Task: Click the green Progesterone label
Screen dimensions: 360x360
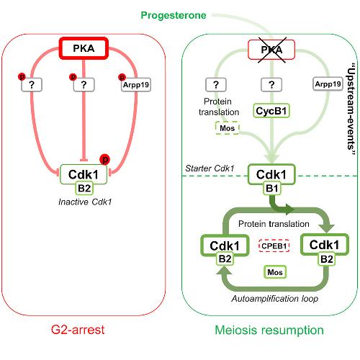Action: tap(174, 15)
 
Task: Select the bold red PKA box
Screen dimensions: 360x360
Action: tap(84, 48)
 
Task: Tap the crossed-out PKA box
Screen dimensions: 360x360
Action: tap(271, 50)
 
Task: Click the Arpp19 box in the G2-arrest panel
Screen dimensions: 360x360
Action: tap(136, 85)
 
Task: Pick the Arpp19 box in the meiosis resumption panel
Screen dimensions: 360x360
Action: tap(328, 84)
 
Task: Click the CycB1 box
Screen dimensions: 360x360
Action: tap(271, 111)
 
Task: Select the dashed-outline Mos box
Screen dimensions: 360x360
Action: tap(228, 128)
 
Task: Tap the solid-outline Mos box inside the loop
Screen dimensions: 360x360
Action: tap(275, 272)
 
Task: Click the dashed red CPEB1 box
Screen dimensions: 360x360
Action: tap(274, 246)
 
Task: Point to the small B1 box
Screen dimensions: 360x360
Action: tap(271, 189)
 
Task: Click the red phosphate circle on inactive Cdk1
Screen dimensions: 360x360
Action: tap(105, 159)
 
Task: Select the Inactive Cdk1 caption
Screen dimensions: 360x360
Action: tap(85, 202)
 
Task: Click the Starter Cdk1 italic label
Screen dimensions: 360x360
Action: tap(210, 168)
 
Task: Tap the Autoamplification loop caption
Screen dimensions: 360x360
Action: tap(275, 299)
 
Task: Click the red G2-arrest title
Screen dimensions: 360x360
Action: tap(78, 330)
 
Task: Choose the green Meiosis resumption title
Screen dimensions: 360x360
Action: tap(269, 330)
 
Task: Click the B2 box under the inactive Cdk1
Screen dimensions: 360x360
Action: tap(84, 189)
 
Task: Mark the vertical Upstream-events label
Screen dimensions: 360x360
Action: tap(351, 109)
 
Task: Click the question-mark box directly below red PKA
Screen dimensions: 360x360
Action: tap(84, 85)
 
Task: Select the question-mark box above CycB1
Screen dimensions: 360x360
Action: tap(271, 85)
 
